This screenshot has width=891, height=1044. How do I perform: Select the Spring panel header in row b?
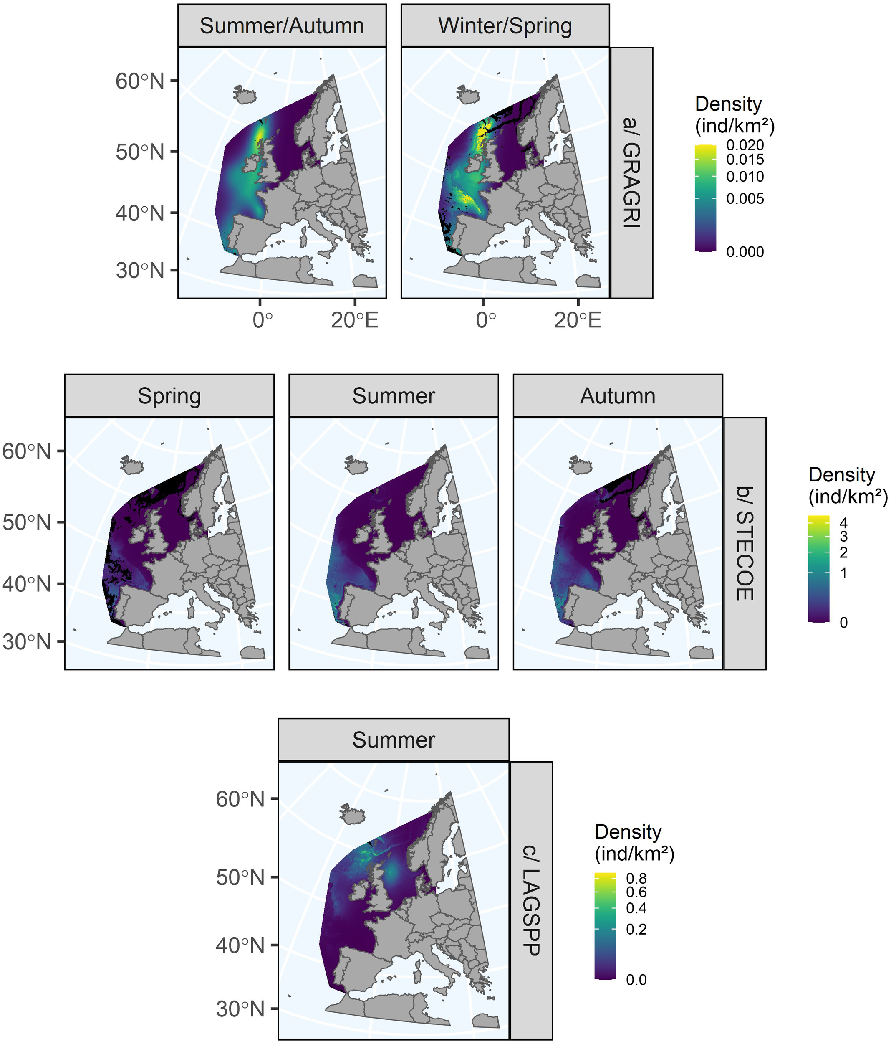(x=169, y=395)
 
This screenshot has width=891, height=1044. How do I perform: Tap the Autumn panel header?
(x=618, y=395)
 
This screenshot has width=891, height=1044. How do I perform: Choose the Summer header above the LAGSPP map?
(x=394, y=740)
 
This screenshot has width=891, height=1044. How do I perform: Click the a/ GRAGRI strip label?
(x=631, y=172)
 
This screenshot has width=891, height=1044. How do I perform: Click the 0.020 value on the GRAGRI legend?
(x=745, y=145)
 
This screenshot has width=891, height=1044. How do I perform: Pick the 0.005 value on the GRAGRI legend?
(x=745, y=198)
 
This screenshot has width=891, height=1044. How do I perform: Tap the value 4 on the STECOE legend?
(x=844, y=522)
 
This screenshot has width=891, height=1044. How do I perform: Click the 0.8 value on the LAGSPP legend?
(x=636, y=878)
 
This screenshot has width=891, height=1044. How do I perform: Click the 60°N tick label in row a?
(x=140, y=81)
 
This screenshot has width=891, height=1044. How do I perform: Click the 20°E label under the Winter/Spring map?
(x=578, y=320)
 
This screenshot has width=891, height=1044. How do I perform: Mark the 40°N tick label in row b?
(x=27, y=584)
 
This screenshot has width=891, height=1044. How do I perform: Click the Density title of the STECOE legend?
(x=842, y=475)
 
